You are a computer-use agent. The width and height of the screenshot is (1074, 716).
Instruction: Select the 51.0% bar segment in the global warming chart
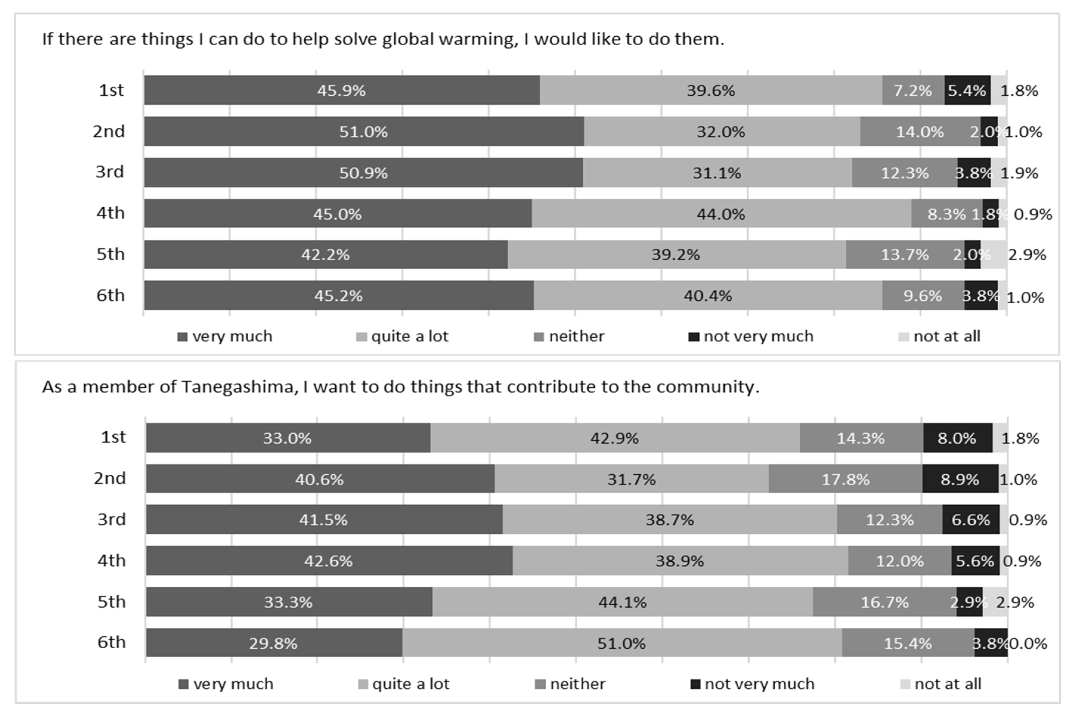[x=364, y=131]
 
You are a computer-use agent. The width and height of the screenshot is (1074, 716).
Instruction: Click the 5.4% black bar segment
[x=967, y=90]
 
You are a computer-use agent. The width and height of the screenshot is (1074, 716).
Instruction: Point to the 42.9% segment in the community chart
[x=615, y=437]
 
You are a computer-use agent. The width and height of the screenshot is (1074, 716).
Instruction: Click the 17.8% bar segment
[x=846, y=479]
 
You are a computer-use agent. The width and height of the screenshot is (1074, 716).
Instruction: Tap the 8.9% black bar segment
[x=960, y=479]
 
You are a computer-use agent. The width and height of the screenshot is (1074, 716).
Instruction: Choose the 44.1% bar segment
[x=623, y=602]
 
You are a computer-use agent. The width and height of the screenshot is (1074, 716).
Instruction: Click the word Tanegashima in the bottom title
[x=237, y=387]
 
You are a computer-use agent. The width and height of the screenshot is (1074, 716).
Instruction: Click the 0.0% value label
[x=1028, y=643]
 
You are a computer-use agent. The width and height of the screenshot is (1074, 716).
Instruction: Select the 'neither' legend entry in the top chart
[x=569, y=336]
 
